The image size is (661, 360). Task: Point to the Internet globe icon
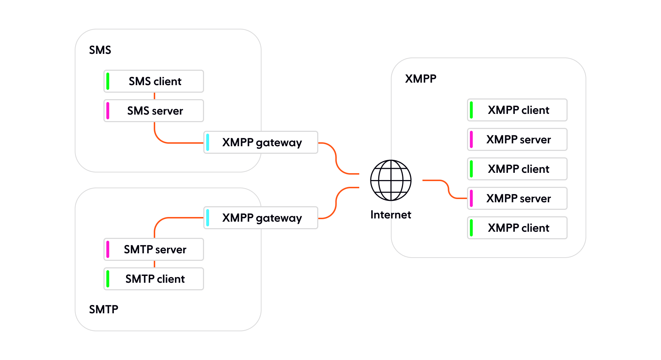(x=391, y=180)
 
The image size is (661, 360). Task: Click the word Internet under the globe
(x=391, y=215)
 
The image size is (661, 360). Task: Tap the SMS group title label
(x=100, y=50)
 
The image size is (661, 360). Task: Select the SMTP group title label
(x=103, y=309)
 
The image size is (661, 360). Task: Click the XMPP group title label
(x=420, y=79)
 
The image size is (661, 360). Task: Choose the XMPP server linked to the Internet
(x=517, y=198)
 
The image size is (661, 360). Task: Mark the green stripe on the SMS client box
(x=108, y=81)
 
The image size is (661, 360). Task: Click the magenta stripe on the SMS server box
(x=108, y=111)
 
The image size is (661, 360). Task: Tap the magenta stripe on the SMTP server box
(x=108, y=249)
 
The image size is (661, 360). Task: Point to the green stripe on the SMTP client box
(x=108, y=279)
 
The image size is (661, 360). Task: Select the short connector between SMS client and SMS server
(x=154, y=96)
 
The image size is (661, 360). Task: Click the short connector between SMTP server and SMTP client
(x=154, y=264)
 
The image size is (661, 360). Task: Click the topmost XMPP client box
(x=517, y=110)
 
